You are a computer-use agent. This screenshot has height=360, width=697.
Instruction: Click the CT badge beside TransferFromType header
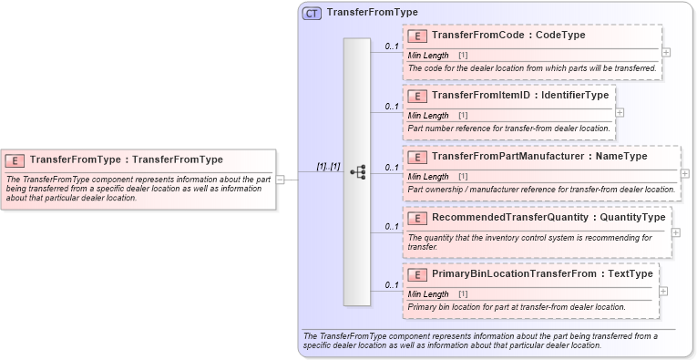pos(312,13)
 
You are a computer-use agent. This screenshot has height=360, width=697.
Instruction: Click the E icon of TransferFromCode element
pos(417,36)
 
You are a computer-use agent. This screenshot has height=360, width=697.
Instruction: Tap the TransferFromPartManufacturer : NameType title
pos(539,156)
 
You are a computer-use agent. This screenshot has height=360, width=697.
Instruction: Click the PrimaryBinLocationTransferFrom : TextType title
pos(542,273)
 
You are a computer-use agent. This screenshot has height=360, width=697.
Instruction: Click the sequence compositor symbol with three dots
pos(357,171)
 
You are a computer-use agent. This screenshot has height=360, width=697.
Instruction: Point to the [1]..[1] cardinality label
pos(327,167)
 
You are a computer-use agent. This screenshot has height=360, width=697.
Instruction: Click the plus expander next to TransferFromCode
pos(667,53)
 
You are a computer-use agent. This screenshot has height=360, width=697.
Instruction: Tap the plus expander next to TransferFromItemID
pos(620,112)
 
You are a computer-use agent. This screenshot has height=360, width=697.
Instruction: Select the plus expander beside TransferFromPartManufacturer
pos(685,173)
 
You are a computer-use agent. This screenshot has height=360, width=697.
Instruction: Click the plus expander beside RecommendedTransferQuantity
pos(676,232)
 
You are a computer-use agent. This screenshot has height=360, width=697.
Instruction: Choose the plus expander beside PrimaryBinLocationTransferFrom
pos(663,291)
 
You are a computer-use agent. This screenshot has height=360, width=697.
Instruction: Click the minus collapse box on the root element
pos(281,180)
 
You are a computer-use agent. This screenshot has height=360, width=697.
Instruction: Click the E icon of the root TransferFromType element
pos(15,159)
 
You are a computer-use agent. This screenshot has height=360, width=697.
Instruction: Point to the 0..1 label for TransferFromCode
pos(392,46)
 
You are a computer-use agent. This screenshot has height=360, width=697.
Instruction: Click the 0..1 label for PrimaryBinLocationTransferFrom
pos(392,285)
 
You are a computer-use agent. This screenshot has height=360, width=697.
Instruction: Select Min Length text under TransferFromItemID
pos(428,116)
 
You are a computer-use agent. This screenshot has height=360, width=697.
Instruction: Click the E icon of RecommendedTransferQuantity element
pos(417,218)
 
